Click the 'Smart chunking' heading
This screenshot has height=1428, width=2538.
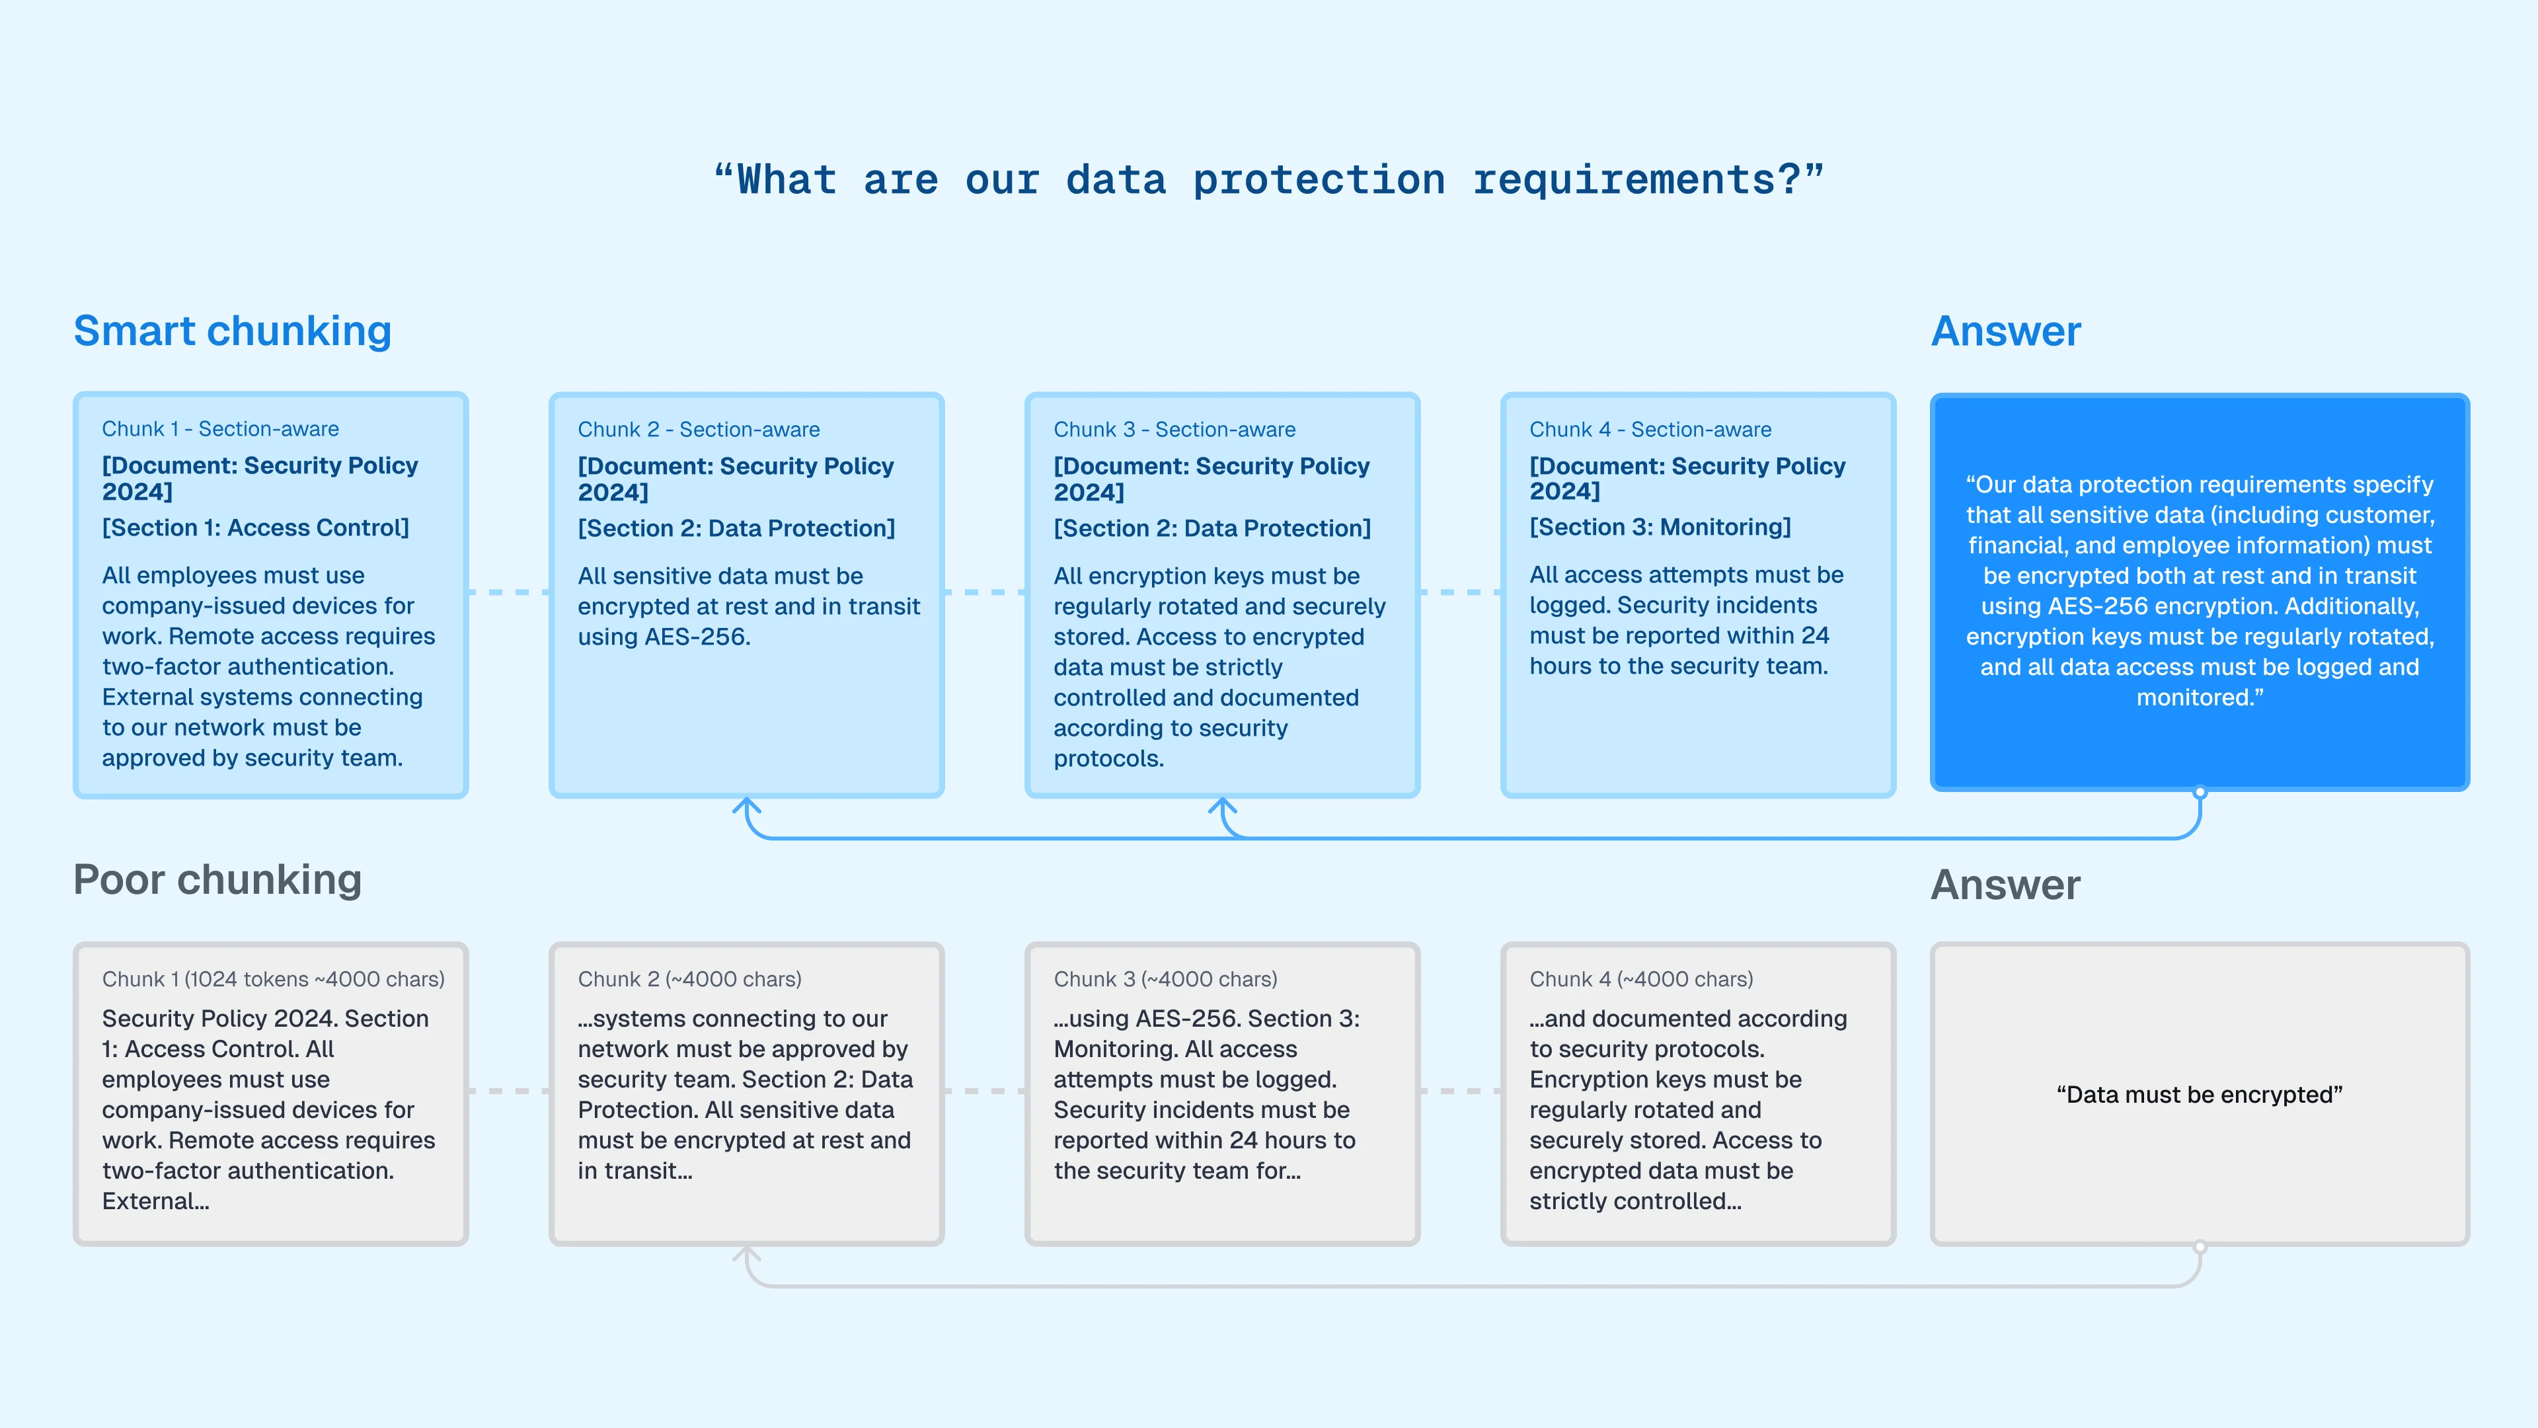[x=233, y=331]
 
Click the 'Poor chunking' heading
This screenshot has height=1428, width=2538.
[x=217, y=880]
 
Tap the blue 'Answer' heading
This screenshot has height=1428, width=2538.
[x=2006, y=331]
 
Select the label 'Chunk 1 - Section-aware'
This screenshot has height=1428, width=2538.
[x=221, y=428]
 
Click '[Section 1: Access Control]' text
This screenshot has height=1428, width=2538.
[x=255, y=528]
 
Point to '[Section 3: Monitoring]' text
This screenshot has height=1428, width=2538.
[x=1660, y=528]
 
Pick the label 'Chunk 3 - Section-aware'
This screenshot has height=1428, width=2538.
[x=1174, y=430]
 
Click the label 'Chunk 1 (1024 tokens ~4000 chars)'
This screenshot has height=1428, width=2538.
[x=273, y=980]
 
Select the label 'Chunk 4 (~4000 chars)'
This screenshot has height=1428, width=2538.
[x=1641, y=980]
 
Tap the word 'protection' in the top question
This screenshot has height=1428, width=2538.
[x=1319, y=180]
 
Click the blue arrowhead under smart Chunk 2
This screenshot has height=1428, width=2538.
[x=747, y=807]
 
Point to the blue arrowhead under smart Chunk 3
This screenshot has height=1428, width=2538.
[x=1223, y=807]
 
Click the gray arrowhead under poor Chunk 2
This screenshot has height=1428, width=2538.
[x=747, y=1255]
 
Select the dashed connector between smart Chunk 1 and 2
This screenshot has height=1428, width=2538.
[x=508, y=592]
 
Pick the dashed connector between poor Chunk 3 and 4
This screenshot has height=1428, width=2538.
[x=1460, y=1091]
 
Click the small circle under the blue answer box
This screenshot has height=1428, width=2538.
[x=2200, y=793]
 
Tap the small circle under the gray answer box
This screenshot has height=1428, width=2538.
[x=2200, y=1247]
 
